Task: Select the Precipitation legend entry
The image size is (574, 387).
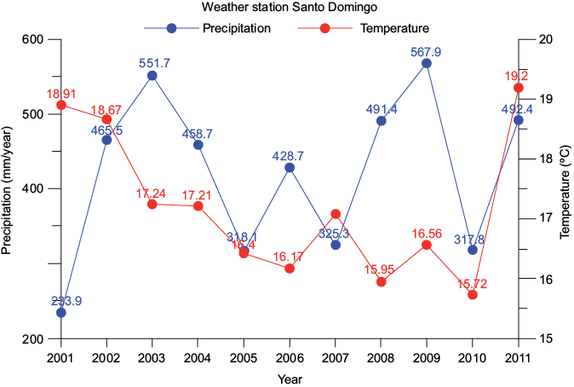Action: (236, 28)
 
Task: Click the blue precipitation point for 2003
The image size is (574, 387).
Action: (152, 76)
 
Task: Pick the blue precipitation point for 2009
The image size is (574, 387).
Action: (427, 63)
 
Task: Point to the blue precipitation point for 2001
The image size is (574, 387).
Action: (61, 313)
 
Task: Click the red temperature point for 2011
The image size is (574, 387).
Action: (518, 88)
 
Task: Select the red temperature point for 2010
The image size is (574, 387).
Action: (473, 294)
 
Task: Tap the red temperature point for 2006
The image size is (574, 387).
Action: (290, 268)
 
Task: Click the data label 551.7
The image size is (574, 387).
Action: (152, 63)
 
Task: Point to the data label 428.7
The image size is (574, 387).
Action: (290, 155)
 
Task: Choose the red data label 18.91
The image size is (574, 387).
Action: (61, 92)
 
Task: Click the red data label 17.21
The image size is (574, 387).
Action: (198, 194)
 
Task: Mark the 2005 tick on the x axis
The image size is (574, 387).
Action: (244, 355)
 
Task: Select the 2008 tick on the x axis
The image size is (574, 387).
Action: (381, 355)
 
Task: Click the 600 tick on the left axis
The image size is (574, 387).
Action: (32, 39)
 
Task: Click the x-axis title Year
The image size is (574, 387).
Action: (290, 378)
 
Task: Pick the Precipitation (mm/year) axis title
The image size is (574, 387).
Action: (8, 188)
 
